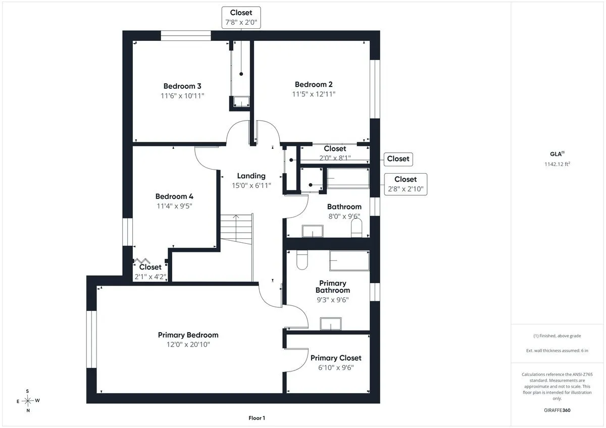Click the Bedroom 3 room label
click(x=182, y=86)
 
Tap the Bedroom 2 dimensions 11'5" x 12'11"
click(x=314, y=94)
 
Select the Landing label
click(x=251, y=176)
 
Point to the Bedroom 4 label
click(x=174, y=196)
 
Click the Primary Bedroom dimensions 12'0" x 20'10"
click(x=188, y=344)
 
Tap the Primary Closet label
click(x=336, y=358)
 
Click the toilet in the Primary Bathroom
click(x=302, y=260)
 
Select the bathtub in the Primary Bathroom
click(x=349, y=260)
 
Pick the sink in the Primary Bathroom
click(x=331, y=324)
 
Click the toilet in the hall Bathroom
click(x=357, y=228)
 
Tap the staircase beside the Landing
click(x=236, y=229)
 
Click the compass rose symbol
click(x=28, y=400)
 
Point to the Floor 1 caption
click(x=257, y=418)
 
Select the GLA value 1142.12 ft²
click(x=557, y=164)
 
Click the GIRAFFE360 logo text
click(x=557, y=410)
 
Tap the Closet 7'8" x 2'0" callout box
click(x=241, y=18)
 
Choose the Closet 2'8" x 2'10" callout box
click(x=406, y=184)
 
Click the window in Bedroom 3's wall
click(x=186, y=36)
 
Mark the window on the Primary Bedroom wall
click(x=91, y=339)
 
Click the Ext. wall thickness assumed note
click(x=557, y=351)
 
